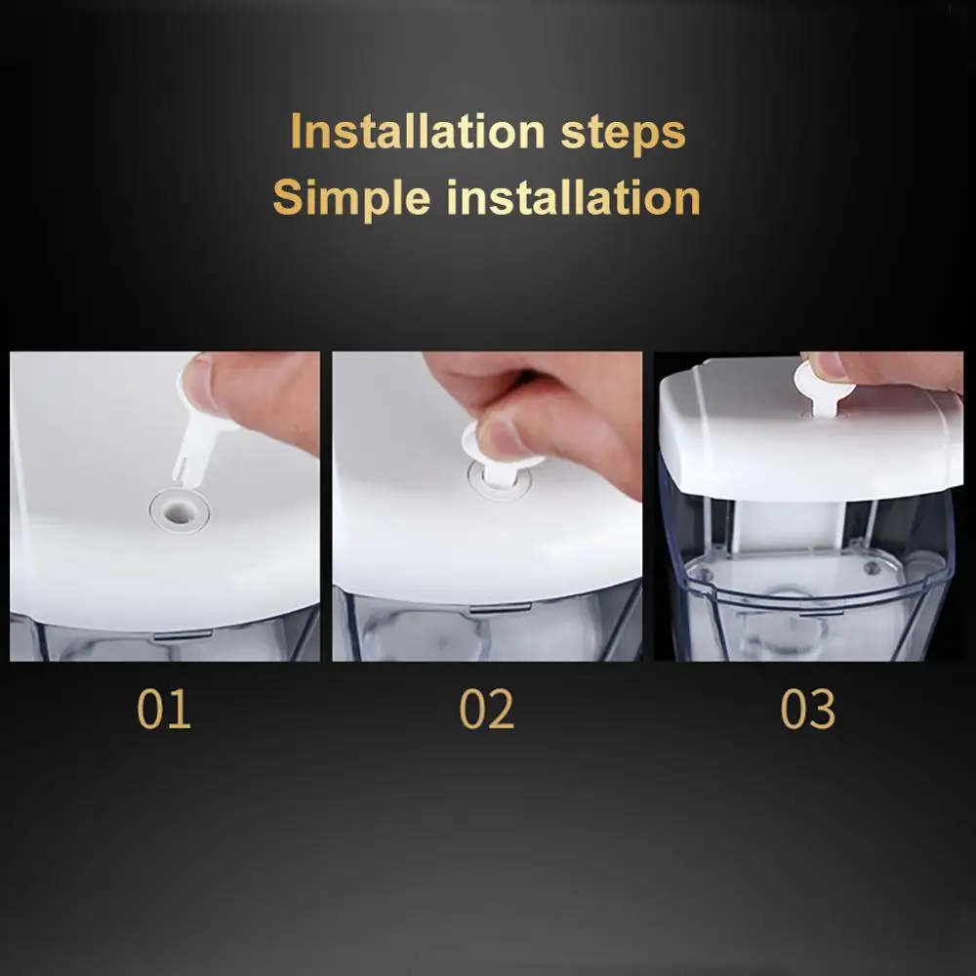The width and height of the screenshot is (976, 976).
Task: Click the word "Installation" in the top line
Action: click(417, 132)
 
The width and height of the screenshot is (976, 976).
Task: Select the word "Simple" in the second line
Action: click(351, 197)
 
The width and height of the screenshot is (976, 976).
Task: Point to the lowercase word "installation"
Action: click(574, 197)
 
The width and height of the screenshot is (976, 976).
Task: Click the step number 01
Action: click(164, 710)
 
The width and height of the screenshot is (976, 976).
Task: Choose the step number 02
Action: click(486, 710)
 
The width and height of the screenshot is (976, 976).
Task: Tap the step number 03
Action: click(808, 710)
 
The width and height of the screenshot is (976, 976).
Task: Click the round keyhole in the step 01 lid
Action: click(178, 508)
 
